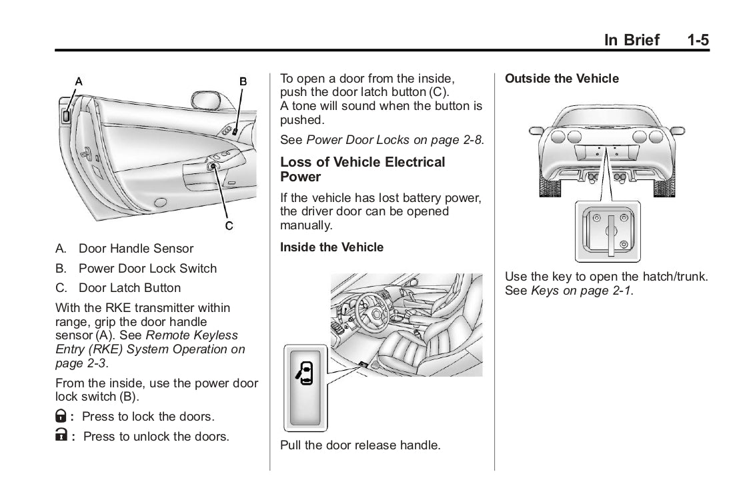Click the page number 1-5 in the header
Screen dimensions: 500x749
click(699, 40)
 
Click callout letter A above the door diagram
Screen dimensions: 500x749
click(79, 81)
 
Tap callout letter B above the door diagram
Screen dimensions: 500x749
click(243, 81)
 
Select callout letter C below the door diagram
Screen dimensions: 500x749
click(228, 226)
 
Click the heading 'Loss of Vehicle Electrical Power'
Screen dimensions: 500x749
click(362, 169)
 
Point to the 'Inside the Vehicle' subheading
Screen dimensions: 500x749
click(331, 247)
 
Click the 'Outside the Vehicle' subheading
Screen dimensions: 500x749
click(562, 79)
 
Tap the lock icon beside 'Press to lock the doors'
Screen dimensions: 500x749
click(61, 417)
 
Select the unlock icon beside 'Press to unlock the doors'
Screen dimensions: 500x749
click(61, 437)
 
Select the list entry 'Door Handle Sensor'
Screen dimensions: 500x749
click(136, 249)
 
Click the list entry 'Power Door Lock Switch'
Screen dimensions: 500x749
click(147, 269)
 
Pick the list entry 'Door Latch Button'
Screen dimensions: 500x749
click(129, 288)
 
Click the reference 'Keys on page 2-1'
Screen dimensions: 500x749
click(581, 291)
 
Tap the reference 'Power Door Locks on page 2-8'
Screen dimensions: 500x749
click(394, 140)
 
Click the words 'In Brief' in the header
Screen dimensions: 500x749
click(631, 40)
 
